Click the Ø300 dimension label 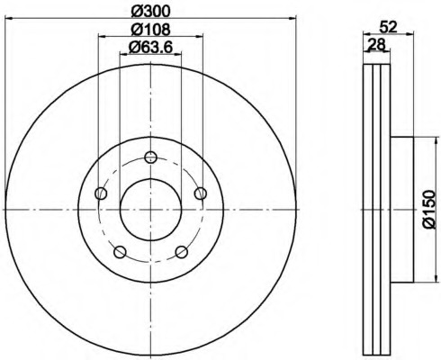tap(150, 12)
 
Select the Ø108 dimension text tap(150, 30)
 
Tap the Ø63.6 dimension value tap(150, 48)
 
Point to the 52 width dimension tap(388, 27)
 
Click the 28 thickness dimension tap(376, 45)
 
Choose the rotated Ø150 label tap(428, 210)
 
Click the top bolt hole tap(150, 157)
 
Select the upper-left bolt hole tap(101, 193)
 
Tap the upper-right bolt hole tap(201, 193)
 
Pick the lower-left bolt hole tap(120, 252)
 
